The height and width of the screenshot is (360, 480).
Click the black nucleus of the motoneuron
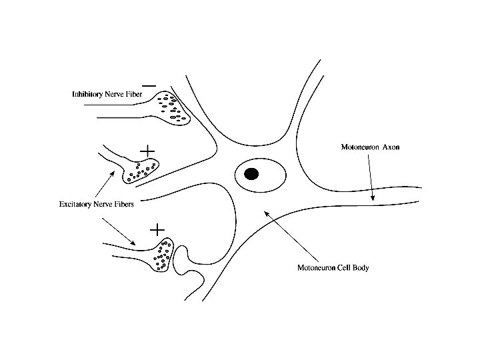click(x=251, y=174)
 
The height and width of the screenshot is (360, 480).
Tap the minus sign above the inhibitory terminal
click(x=149, y=85)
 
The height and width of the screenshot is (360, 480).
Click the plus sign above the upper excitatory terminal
click(x=147, y=151)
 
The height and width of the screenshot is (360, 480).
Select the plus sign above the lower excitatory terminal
click(x=157, y=230)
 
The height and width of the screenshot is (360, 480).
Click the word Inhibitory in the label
click(x=87, y=95)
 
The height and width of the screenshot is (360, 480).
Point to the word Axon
click(x=391, y=147)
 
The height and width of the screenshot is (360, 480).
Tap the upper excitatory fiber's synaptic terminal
click(x=139, y=171)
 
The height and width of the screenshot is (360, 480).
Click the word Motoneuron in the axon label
click(x=355, y=147)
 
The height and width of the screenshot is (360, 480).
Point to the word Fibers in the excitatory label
click(x=123, y=205)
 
